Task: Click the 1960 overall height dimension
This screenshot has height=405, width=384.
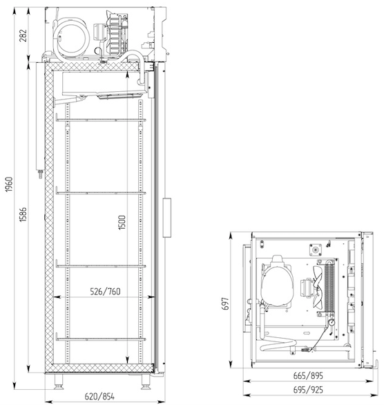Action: tap(9, 185)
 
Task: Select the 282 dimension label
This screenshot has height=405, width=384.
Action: tap(23, 35)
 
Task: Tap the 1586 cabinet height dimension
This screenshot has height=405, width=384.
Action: tap(23, 214)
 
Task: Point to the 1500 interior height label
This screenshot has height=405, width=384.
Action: tap(122, 223)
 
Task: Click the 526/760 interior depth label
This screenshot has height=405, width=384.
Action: tap(105, 292)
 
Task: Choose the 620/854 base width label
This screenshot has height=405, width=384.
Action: tap(99, 396)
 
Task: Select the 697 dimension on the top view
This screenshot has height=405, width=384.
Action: tap(225, 304)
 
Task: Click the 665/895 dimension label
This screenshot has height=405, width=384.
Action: tap(308, 375)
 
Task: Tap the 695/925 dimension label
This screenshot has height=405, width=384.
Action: tap(308, 390)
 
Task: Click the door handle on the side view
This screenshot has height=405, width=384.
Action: tap(167, 218)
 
